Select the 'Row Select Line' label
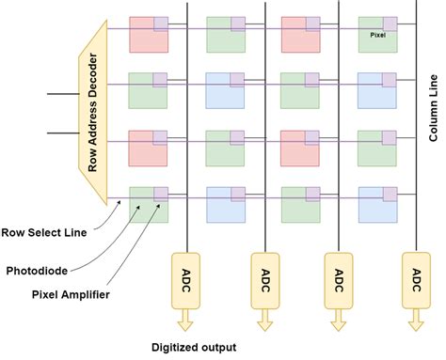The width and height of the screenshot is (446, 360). [56, 229]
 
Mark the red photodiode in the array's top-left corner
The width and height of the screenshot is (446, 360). [147, 36]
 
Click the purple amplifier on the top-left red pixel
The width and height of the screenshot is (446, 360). [161, 23]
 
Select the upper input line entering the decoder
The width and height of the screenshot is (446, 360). [63, 94]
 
